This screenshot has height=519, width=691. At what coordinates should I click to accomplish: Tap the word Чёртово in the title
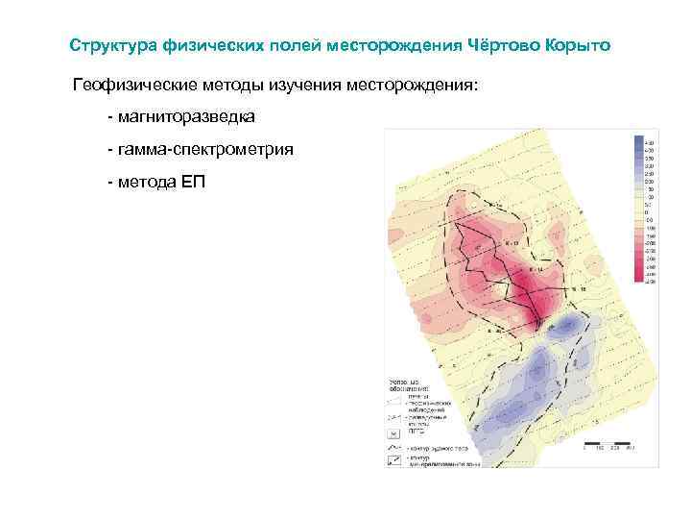(x=506, y=45)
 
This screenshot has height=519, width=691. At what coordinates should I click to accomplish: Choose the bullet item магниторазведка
(x=187, y=118)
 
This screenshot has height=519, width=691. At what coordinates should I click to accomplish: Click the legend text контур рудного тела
(x=441, y=448)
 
